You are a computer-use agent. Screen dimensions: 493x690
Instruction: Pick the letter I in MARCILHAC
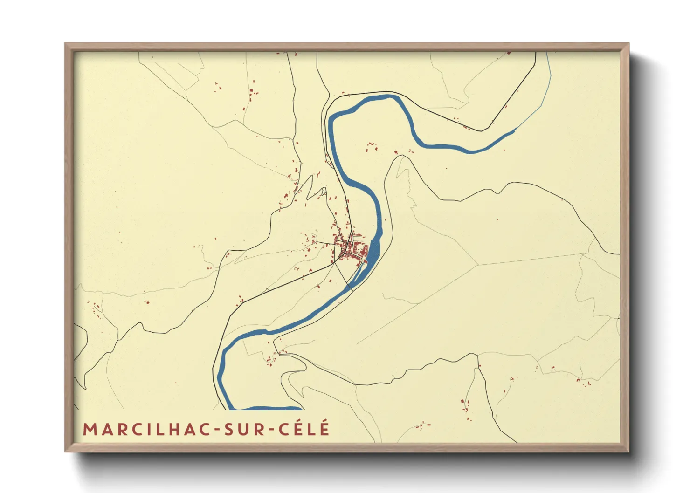pos(148,430)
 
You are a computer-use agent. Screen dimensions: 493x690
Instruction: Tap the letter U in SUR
pos(242,430)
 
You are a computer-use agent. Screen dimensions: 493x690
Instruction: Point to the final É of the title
pos(324,429)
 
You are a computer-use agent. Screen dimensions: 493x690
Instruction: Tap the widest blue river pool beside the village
pos(374,252)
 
